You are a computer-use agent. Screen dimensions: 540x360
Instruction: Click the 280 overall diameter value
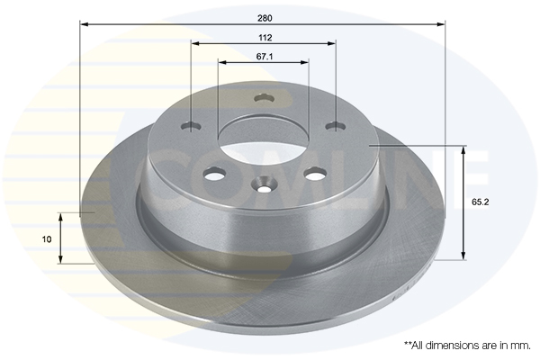(x=265, y=18)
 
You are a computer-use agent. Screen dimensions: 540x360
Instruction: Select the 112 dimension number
(x=265, y=38)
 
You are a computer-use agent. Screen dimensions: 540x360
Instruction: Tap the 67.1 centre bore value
(x=265, y=57)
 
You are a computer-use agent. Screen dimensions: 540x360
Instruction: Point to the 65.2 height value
(x=480, y=202)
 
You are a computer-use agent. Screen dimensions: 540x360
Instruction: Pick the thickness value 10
(x=47, y=239)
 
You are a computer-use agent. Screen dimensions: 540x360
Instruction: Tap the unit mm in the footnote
(x=522, y=346)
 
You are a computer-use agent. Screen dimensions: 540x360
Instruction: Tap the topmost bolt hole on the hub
(x=264, y=98)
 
